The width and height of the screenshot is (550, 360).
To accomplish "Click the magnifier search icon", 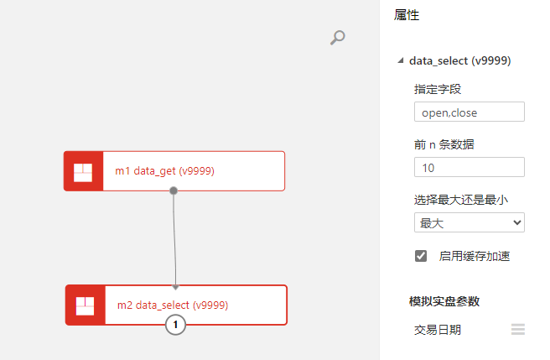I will (337, 37).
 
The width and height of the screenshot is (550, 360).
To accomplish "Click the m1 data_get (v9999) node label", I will (165, 171).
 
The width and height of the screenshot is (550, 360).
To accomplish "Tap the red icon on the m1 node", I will (83, 171).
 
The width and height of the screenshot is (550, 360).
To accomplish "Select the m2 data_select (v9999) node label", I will (173, 305).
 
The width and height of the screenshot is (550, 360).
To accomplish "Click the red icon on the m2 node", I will (85, 305).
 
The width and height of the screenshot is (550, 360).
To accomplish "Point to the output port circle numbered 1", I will (175, 325).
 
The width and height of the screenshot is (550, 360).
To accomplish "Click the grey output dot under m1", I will (174, 190).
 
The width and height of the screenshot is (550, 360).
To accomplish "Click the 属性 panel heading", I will (407, 15).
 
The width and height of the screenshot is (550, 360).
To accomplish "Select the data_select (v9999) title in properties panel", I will (459, 60).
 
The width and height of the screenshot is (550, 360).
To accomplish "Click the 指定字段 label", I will (438, 89).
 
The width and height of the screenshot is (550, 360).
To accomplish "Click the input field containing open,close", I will (469, 112).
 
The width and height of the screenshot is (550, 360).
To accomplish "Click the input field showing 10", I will (469, 168).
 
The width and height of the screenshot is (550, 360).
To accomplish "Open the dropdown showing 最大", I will (469, 222).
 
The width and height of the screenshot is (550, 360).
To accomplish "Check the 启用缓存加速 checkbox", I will (421, 256).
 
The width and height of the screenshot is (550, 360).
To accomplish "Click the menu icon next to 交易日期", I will (518, 330).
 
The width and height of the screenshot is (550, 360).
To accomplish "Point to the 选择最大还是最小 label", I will (461, 200).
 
